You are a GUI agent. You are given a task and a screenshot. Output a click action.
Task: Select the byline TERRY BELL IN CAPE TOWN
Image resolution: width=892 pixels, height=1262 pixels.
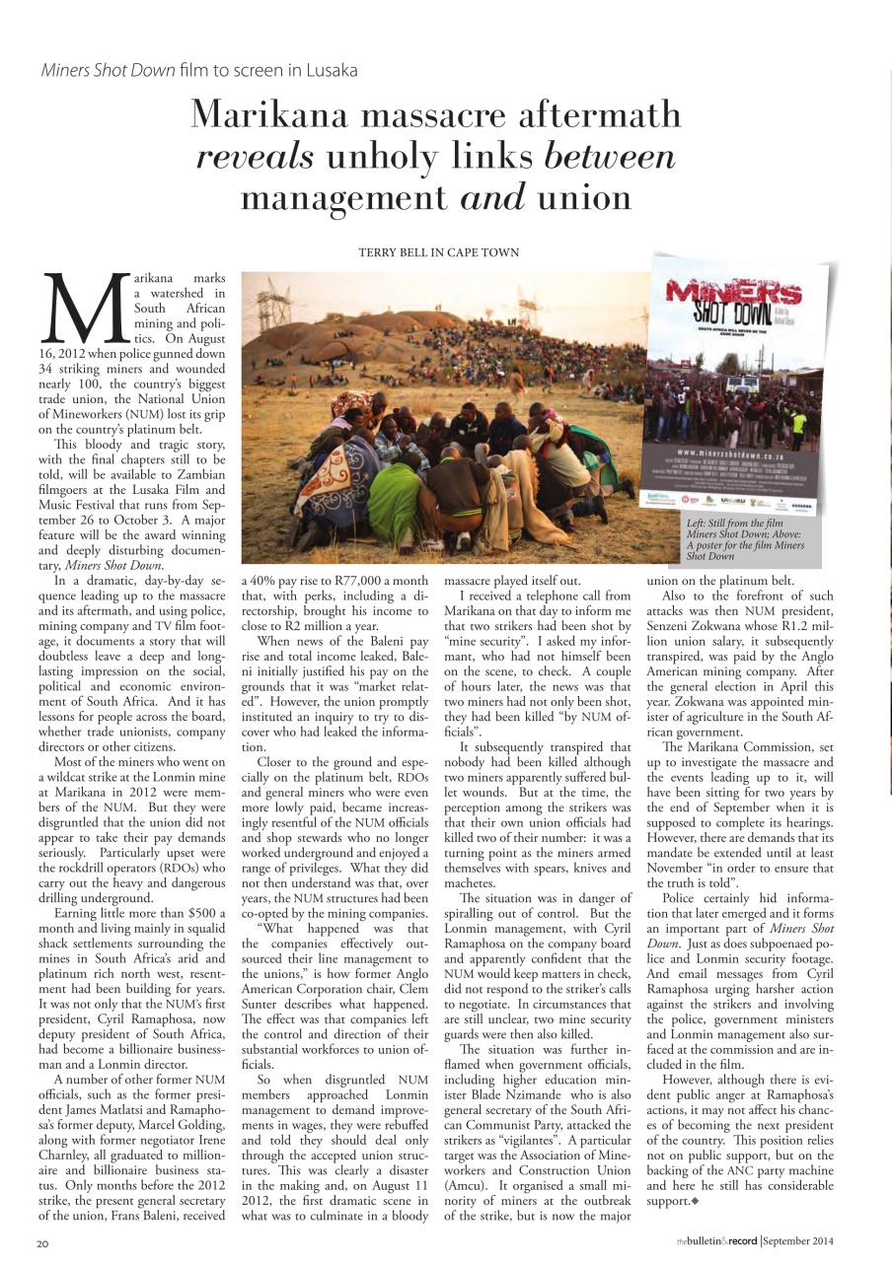(438, 252)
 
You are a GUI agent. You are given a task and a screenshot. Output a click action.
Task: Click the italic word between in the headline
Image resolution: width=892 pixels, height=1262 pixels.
(610, 156)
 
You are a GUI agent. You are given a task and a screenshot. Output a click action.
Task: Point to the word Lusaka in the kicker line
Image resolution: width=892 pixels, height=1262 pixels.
(331, 70)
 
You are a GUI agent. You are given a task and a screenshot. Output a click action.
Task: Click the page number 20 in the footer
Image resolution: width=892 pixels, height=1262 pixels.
(43, 1244)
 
